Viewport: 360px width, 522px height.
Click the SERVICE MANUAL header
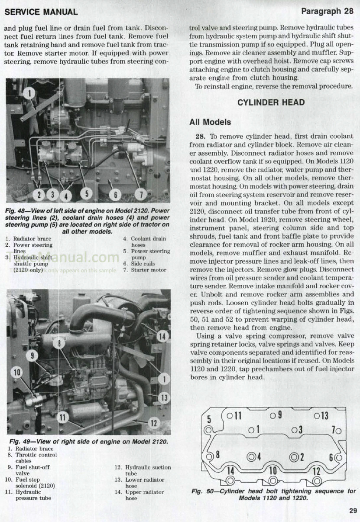coord(41,12)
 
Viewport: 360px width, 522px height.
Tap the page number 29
coord(353,511)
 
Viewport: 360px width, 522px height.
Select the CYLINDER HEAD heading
coord(271,102)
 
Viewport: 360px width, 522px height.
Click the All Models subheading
coord(210,122)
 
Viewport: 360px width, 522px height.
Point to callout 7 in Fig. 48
coord(141,194)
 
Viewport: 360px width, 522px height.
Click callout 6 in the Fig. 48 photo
coord(115,195)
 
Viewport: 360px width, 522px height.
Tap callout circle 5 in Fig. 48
coord(87,193)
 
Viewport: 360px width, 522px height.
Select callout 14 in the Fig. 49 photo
coord(162,337)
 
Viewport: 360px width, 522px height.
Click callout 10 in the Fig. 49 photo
coord(17,372)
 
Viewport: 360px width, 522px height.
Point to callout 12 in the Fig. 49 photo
coord(154,423)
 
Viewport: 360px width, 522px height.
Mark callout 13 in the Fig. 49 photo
coord(164,398)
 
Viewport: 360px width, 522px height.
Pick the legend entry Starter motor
coord(149,270)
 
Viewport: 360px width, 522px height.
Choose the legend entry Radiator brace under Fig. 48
coord(32,238)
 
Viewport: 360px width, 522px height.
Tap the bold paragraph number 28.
coord(200,136)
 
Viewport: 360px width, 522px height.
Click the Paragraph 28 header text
coord(328,11)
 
